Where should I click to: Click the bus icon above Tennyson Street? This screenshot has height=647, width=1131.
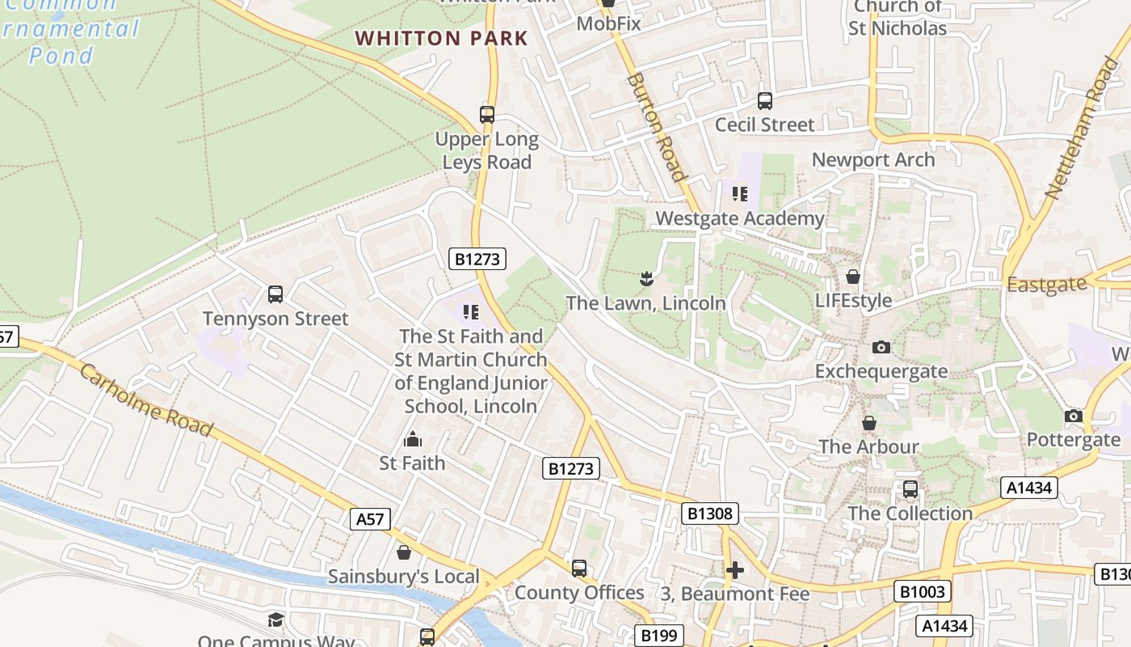click(275, 294)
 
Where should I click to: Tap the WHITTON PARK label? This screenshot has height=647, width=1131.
click(441, 38)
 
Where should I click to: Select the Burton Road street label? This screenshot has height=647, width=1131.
click(656, 127)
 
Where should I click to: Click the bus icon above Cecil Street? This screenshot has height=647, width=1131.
click(764, 101)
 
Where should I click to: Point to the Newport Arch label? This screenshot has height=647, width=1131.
click(872, 159)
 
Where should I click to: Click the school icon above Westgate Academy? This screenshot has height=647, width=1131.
click(739, 194)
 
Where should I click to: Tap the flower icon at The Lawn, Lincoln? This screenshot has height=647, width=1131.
click(645, 280)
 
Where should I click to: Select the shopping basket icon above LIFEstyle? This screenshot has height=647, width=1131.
click(852, 277)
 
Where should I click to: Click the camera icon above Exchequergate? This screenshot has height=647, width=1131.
click(881, 348)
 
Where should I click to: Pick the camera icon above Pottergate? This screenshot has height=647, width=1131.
click(1073, 417)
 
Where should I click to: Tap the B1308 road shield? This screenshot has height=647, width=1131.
click(710, 514)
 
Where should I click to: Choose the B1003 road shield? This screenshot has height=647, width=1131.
click(922, 591)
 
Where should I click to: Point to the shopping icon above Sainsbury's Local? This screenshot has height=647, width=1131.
click(403, 553)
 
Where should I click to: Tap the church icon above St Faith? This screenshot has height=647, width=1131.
click(413, 440)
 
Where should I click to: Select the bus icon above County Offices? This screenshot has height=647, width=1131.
click(578, 569)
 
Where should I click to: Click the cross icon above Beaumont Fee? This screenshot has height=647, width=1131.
click(734, 571)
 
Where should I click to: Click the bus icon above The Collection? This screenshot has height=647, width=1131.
click(910, 489)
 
